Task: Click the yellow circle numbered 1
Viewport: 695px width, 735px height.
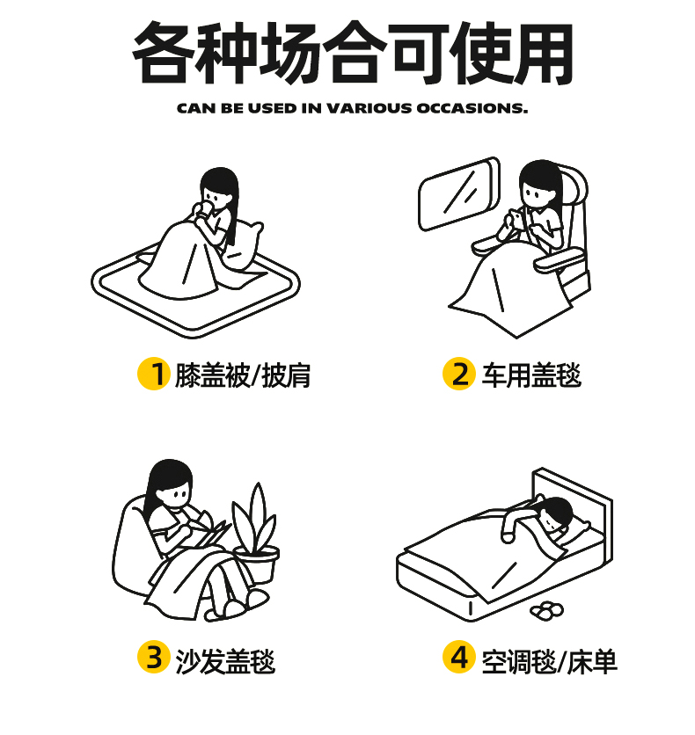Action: point(153,374)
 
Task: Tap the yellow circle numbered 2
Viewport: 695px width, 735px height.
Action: point(459,374)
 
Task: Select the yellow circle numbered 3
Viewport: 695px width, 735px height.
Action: point(153,657)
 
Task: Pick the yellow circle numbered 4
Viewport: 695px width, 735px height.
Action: point(459,657)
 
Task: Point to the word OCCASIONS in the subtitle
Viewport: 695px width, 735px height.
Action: point(472,108)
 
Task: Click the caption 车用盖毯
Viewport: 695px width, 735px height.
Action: point(531,375)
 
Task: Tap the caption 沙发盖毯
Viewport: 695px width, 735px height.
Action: point(225,661)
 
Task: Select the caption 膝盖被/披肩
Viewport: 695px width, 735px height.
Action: point(243,375)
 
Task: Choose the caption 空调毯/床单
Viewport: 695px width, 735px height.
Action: point(550,661)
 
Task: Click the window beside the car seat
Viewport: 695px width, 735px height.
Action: point(458,193)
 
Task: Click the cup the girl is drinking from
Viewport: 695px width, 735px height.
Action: point(205,208)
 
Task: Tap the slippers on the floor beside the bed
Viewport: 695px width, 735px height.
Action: point(547,610)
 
